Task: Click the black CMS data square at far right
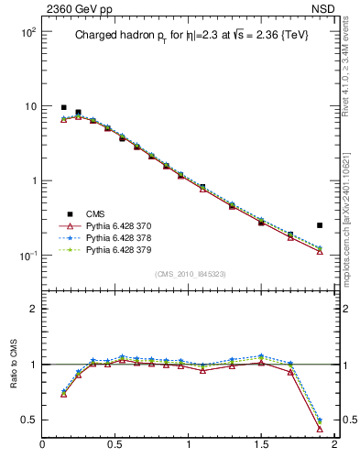(320, 224)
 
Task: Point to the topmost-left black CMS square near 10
(63, 107)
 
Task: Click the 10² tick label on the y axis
(26, 32)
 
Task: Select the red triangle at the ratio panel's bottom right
(320, 428)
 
